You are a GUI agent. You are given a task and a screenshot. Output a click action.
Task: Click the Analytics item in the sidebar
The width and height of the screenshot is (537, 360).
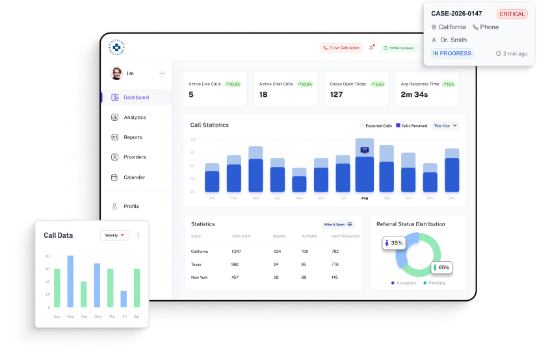pyautogui.click(x=135, y=118)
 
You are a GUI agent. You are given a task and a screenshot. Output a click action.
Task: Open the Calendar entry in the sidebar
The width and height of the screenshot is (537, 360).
pyautogui.click(x=134, y=177)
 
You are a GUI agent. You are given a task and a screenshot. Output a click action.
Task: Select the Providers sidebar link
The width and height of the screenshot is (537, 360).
pyautogui.click(x=135, y=157)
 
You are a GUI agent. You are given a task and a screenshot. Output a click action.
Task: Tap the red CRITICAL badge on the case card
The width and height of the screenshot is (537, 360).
pyautogui.click(x=512, y=14)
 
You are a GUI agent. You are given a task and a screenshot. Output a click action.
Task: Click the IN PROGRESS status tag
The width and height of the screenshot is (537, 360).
pyautogui.click(x=452, y=53)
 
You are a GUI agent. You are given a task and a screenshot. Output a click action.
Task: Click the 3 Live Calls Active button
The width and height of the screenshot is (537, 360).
pyautogui.click(x=341, y=47)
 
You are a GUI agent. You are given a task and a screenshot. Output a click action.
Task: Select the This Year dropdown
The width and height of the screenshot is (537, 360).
pyautogui.click(x=445, y=125)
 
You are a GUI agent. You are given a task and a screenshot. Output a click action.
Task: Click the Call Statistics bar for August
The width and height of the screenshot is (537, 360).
pyautogui.click(x=364, y=173)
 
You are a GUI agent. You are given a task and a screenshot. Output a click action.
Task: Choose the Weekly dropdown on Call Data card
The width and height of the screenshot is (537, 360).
pyautogui.click(x=114, y=235)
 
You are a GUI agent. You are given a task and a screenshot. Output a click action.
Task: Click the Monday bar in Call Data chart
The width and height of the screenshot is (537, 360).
pyautogui.click(x=70, y=281)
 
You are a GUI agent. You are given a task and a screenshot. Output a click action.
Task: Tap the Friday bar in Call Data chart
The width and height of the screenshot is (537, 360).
pyautogui.click(x=124, y=299)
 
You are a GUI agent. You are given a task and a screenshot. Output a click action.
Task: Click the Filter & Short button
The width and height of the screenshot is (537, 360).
pyautogui.click(x=338, y=224)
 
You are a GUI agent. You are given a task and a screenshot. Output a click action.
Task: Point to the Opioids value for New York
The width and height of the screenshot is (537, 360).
pyautogui.click(x=276, y=277)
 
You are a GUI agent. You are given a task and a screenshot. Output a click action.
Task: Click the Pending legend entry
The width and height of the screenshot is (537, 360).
pyautogui.click(x=434, y=283)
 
